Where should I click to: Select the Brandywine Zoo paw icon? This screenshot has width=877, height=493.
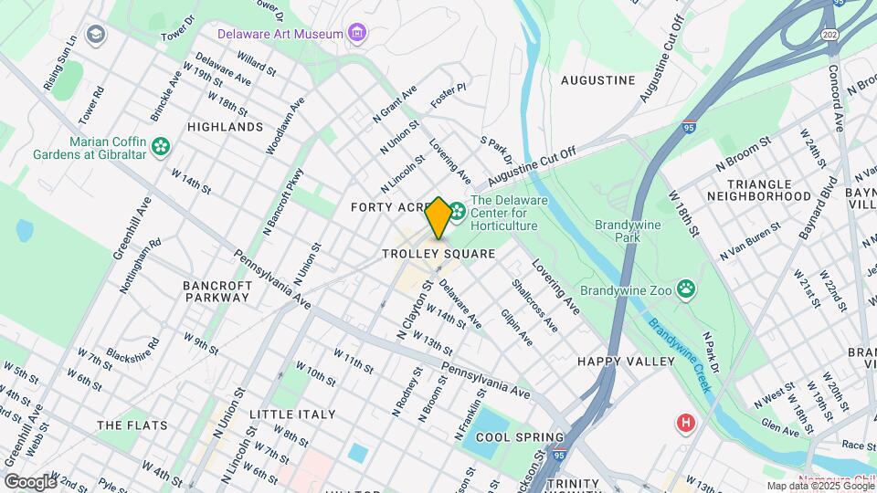tap(686, 290)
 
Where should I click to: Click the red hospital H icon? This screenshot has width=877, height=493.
tap(684, 424)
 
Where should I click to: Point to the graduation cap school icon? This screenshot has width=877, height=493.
tap(95, 35)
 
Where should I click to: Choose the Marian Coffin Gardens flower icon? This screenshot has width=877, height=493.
tap(161, 146)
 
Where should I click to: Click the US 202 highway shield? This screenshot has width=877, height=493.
tap(830, 34)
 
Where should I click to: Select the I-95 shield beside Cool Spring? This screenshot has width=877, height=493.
tap(559, 454)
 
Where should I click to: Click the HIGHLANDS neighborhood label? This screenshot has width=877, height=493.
tap(225, 127)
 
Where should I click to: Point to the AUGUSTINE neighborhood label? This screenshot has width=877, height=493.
tap(597, 80)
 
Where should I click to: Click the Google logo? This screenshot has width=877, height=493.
tap(29, 481)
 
